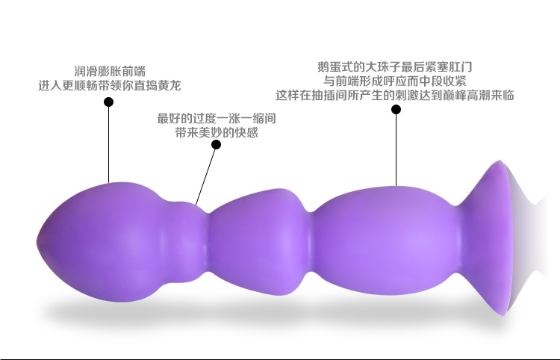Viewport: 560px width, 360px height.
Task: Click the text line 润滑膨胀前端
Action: pyautogui.click(x=110, y=72)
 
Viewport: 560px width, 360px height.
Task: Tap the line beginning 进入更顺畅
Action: pyautogui.click(x=110, y=86)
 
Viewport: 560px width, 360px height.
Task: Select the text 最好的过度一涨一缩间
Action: pyautogui.click(x=217, y=119)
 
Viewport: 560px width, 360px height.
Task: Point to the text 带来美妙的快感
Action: pyautogui.click(x=217, y=133)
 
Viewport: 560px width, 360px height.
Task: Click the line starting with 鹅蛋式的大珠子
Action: pyautogui.click(x=395, y=66)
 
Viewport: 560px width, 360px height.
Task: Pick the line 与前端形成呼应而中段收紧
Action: pyautogui.click(x=395, y=81)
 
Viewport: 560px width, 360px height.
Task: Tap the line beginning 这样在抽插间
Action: pyautogui.click(x=395, y=96)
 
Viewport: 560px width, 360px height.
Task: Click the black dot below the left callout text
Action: pyautogui.click(x=108, y=102)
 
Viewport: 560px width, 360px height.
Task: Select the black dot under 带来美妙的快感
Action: pyautogui.click(x=216, y=145)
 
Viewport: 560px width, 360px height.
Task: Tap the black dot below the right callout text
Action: pyautogui.click(x=396, y=109)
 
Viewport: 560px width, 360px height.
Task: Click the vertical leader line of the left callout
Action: pyautogui.click(x=108, y=145)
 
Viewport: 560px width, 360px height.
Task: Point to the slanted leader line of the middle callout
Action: pyautogui.click(x=206, y=177)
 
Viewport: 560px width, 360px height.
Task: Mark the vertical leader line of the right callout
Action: pyautogui.click(x=396, y=150)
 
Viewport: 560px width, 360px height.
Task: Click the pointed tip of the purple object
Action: pyautogui.click(x=37, y=242)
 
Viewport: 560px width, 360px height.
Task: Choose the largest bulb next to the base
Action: pyautogui.click(x=386, y=241)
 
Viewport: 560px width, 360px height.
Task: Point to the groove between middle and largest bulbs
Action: pyautogui.click(x=311, y=243)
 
